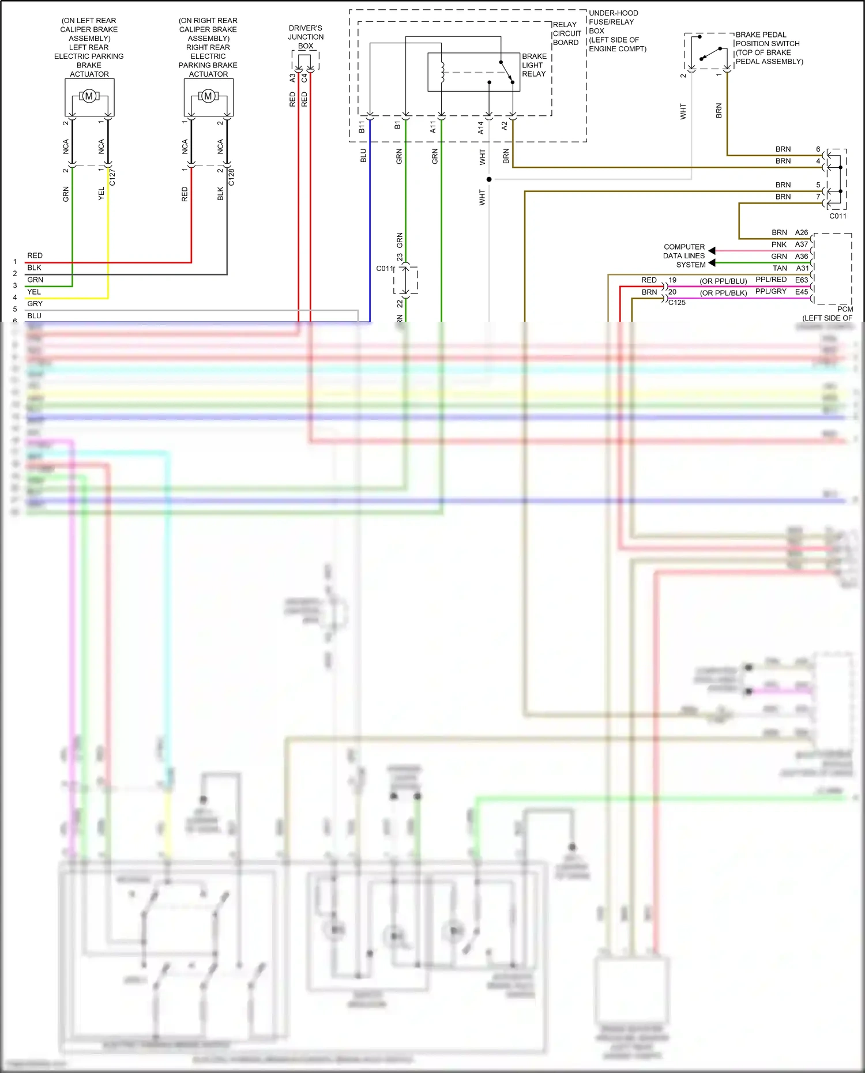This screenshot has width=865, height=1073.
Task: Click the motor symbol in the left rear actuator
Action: click(x=89, y=96)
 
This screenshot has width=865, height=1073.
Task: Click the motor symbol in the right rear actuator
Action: click(x=208, y=96)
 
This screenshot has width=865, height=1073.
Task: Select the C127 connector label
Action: click(x=112, y=177)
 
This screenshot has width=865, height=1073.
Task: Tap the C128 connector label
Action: click(x=232, y=177)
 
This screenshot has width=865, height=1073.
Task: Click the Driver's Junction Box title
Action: click(x=306, y=36)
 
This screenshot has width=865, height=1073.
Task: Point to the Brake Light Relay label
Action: click(x=534, y=65)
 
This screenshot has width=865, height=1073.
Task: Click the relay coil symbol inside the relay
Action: click(x=442, y=72)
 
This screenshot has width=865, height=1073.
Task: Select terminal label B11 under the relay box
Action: click(x=362, y=127)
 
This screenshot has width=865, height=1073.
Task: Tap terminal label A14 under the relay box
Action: click(x=480, y=127)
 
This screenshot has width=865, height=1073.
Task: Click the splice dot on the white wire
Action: click(x=489, y=179)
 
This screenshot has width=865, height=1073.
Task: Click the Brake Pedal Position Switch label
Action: click(x=769, y=48)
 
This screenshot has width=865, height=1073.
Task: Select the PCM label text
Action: click(x=845, y=309)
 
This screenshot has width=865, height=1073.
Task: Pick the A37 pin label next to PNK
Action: click(x=802, y=244)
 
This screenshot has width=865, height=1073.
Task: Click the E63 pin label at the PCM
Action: click(x=802, y=280)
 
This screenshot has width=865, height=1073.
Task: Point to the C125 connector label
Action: click(x=677, y=303)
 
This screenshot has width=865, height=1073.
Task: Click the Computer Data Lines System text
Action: click(x=684, y=255)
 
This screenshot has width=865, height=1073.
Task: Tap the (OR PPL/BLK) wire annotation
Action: click(x=723, y=293)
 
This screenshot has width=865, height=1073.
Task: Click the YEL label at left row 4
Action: click(x=34, y=292)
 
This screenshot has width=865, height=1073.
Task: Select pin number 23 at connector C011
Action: click(x=400, y=258)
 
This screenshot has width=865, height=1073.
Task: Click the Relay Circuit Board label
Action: click(x=566, y=33)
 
